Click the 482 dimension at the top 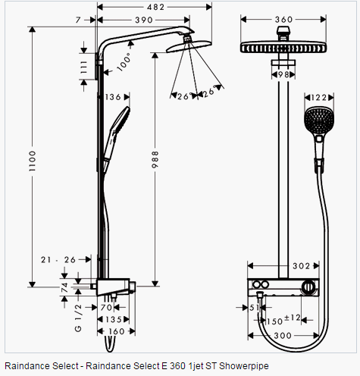[155, 7]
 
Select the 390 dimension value [144, 20]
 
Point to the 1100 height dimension [33, 161]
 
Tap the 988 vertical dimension [155, 159]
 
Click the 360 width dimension [283, 20]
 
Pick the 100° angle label [124, 62]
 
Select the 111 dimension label [83, 67]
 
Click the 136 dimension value [113, 97]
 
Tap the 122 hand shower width [319, 97]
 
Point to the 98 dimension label [283, 74]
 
